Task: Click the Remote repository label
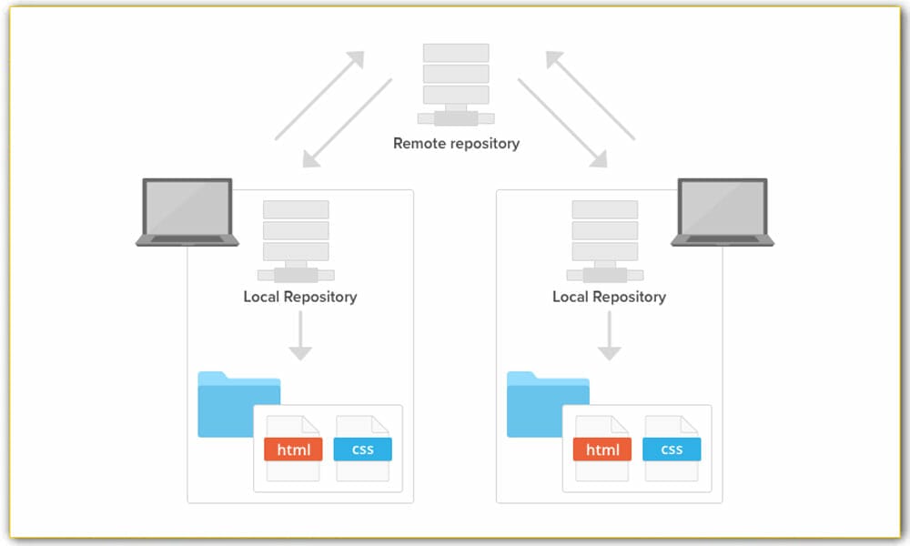click(x=456, y=143)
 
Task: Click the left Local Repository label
click(x=299, y=297)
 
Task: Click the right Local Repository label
click(x=609, y=297)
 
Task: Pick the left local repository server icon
click(x=296, y=241)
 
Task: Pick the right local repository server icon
click(x=605, y=241)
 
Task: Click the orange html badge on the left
click(x=293, y=449)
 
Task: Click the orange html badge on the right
click(x=602, y=449)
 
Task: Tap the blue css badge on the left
click(x=362, y=449)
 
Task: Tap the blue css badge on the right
click(x=672, y=449)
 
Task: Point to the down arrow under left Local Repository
click(x=299, y=338)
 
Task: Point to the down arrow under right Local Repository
click(x=609, y=338)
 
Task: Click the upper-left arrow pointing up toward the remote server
click(x=319, y=96)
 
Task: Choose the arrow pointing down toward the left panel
click(x=348, y=123)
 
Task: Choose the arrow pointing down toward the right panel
click(x=562, y=123)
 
